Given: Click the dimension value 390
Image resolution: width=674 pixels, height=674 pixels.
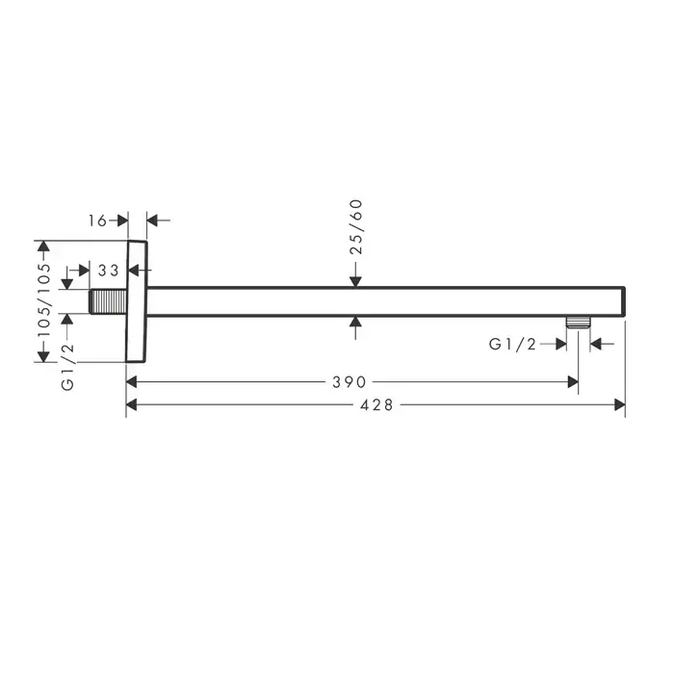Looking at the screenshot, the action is [x=349, y=381].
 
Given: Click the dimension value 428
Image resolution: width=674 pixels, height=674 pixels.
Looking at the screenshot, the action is [x=376, y=405].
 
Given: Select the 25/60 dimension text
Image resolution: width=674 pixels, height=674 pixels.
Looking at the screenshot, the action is [x=356, y=227].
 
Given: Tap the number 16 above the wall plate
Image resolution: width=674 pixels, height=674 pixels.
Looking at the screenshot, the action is [x=97, y=220].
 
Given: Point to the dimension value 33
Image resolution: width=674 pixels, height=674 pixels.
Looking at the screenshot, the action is [x=108, y=271].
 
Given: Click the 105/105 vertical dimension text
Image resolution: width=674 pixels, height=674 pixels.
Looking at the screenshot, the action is [x=43, y=300].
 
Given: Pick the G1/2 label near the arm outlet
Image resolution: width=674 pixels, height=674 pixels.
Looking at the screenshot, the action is [x=513, y=344].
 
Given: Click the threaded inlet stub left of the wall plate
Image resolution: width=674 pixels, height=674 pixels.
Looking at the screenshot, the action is [x=108, y=301].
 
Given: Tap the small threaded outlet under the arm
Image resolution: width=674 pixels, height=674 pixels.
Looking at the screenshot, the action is [x=578, y=322].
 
